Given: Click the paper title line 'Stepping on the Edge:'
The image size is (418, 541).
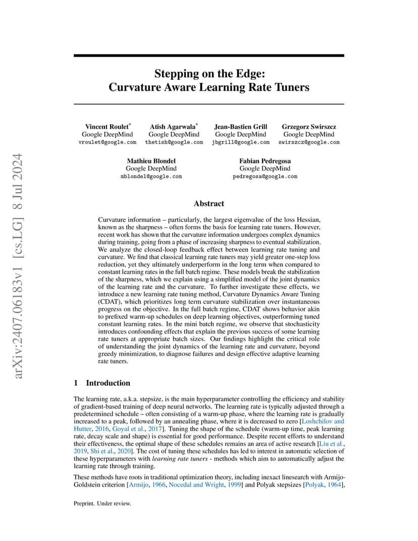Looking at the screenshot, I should (x=208, y=74).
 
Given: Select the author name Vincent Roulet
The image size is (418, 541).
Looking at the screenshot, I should (x=106, y=127).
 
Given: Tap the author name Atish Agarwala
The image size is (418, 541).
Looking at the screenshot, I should (x=173, y=127).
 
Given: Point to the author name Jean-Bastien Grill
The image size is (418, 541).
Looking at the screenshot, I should (x=240, y=127).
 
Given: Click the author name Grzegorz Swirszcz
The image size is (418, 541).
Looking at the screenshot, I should (x=308, y=127).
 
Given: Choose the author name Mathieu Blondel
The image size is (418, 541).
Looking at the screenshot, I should (x=151, y=161).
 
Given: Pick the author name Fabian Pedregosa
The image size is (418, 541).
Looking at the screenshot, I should (x=265, y=161).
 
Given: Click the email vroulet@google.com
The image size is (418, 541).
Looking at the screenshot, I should (x=107, y=142).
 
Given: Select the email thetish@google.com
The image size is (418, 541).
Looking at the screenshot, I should (x=174, y=142).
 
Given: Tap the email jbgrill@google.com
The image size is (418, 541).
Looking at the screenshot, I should (x=240, y=142).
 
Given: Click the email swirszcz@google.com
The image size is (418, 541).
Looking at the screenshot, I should (x=308, y=142).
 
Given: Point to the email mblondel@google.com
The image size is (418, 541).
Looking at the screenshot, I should (x=151, y=177).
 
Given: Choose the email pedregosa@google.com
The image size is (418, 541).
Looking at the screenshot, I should (x=265, y=177).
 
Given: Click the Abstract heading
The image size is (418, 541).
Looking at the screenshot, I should (x=208, y=203).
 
